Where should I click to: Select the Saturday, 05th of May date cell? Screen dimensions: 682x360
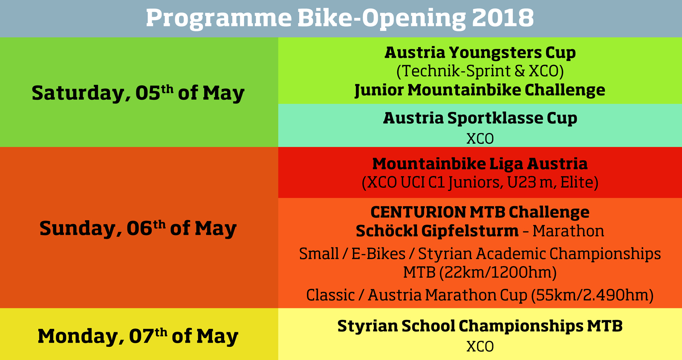click(139, 92)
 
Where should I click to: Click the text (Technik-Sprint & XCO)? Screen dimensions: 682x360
click(480, 71)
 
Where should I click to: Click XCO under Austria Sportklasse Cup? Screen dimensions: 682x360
click(480, 139)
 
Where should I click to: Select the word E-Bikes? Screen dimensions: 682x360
click(379, 254)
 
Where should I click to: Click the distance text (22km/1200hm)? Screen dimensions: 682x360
click(498, 272)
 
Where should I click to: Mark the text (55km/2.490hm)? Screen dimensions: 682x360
click(592, 295)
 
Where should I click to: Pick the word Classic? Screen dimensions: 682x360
click(330, 295)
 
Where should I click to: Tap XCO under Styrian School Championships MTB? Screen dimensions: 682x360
click(480, 347)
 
